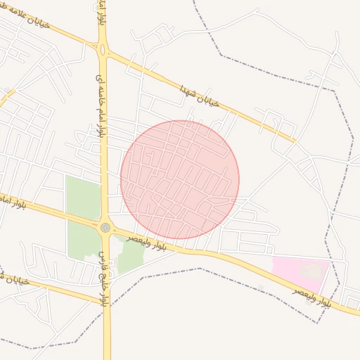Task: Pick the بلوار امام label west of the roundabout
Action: [x=11, y=202]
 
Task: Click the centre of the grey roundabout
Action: [x=105, y=227]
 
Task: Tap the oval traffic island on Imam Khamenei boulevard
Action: [x=103, y=50]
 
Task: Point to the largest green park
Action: [x=82, y=197]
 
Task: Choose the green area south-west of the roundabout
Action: [x=83, y=239]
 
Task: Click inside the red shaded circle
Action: [x=179, y=179]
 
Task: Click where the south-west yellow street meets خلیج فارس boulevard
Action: [x=105, y=303]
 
